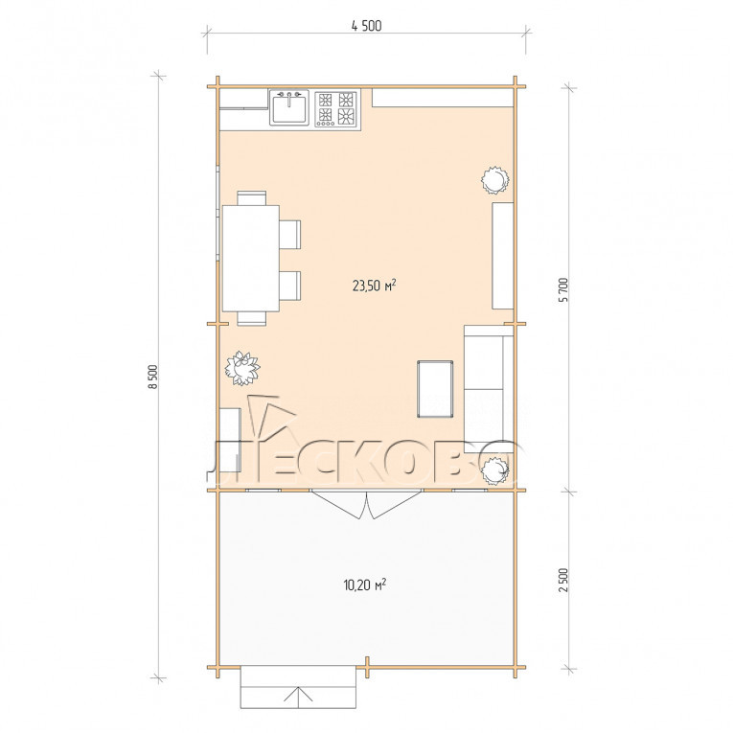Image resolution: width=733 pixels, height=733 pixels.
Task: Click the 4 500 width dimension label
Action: (x=366, y=26)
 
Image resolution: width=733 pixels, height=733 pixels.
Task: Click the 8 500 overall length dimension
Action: (x=155, y=377)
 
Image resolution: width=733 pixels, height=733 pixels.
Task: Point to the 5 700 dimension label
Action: (x=563, y=289)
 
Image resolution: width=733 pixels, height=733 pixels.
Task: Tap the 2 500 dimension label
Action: (x=563, y=581)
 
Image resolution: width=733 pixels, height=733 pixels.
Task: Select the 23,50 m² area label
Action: (x=375, y=286)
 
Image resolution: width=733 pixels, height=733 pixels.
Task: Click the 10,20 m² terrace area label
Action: (x=365, y=584)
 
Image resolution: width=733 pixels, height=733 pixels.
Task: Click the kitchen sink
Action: (x=289, y=108)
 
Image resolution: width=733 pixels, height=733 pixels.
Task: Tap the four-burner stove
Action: (x=337, y=108)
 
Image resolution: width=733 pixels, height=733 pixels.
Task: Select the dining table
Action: (x=251, y=258)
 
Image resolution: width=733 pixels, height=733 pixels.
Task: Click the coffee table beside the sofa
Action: (x=435, y=388)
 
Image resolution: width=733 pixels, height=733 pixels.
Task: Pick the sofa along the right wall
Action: (x=489, y=383)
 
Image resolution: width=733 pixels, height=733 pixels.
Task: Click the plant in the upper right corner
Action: (x=494, y=180)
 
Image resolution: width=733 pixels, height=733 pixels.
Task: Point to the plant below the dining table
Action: (x=241, y=368)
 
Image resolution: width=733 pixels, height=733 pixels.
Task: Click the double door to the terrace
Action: (x=367, y=504)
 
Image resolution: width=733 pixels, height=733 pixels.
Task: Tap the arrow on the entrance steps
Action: (x=298, y=695)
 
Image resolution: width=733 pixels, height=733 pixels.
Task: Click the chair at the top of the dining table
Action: (x=251, y=197)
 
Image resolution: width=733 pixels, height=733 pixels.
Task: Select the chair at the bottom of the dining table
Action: (x=251, y=318)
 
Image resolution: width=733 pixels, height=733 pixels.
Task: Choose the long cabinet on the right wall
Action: (x=503, y=256)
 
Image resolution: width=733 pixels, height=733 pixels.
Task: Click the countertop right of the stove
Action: (x=443, y=98)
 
